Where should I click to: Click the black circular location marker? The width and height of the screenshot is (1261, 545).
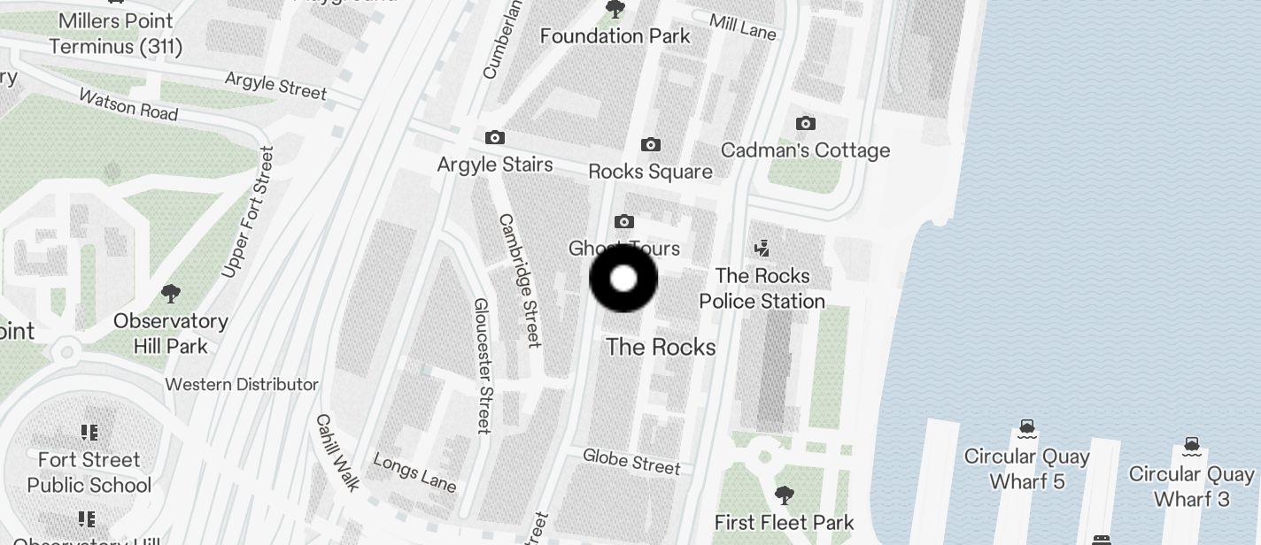623,279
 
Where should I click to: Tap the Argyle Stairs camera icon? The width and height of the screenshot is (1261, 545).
495,138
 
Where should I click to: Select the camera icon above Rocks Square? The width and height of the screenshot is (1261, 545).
651,144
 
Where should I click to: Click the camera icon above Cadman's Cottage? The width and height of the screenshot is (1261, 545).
805,124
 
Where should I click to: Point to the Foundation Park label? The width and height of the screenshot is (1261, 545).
615,36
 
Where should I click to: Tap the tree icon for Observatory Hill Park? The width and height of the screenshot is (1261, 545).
171,294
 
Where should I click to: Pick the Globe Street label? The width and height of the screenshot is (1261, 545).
631,461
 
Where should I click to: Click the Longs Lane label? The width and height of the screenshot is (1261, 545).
414,472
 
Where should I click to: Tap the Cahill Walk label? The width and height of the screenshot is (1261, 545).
338,452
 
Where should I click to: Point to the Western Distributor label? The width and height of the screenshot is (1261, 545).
242,385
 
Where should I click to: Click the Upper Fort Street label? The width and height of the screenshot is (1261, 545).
247,212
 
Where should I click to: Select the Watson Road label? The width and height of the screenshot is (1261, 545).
128,104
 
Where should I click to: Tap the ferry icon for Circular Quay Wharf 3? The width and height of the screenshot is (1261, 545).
1192,444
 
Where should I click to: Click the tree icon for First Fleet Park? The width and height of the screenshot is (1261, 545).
784,495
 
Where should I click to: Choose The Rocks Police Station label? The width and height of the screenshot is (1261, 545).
762,288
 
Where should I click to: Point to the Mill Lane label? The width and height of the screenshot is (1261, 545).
743,27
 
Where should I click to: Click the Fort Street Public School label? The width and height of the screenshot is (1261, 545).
89,472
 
